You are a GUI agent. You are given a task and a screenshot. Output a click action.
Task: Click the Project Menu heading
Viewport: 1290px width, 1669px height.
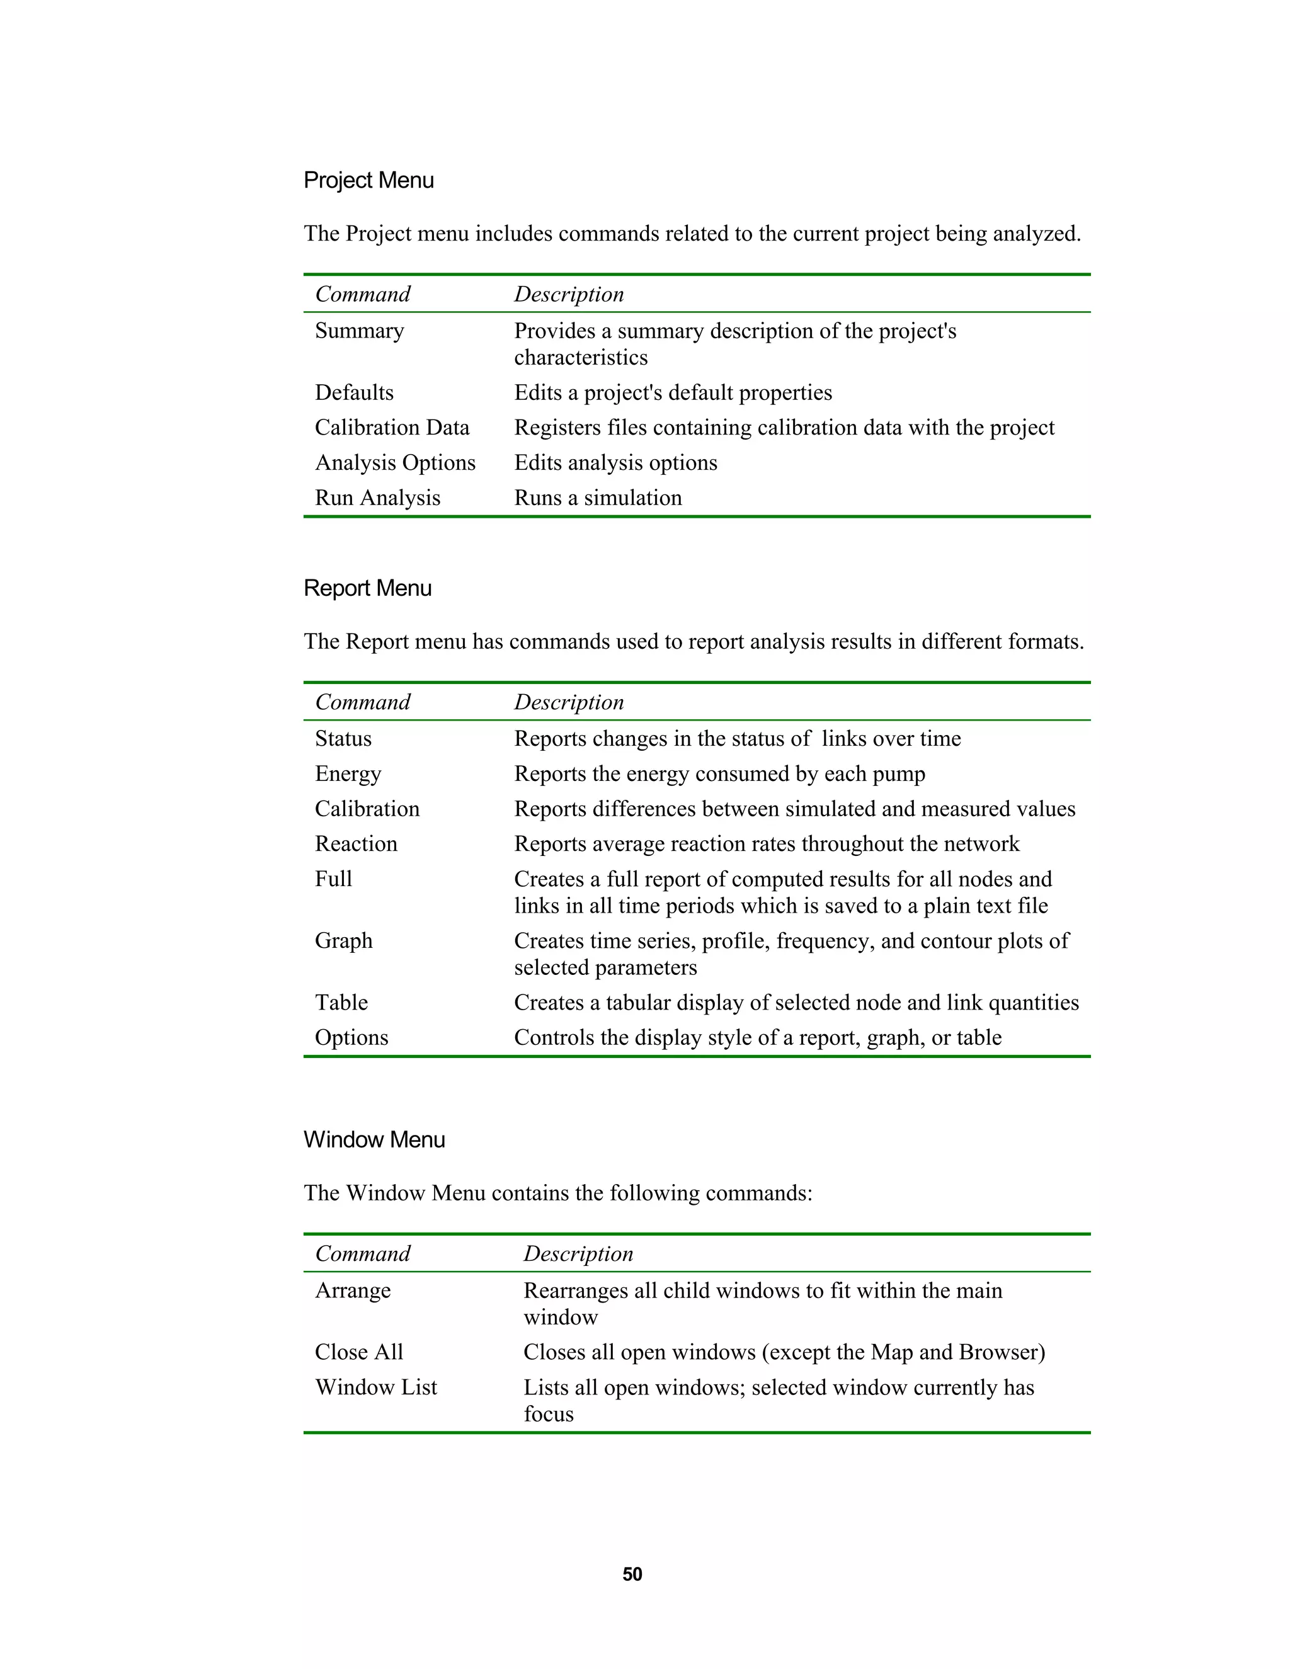pos(368,180)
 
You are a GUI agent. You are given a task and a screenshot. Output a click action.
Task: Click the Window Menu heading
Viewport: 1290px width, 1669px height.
pos(374,1139)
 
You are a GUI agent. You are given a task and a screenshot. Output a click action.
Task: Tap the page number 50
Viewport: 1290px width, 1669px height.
pos(632,1575)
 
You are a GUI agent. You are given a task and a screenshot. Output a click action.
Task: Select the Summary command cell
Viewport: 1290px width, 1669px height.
pos(359,331)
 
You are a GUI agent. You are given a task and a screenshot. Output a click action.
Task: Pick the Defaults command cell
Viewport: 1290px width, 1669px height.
pos(354,393)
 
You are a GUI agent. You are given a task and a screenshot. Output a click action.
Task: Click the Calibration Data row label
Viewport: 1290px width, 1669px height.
pos(392,428)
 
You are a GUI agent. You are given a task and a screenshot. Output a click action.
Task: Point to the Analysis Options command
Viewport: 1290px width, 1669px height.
pos(395,463)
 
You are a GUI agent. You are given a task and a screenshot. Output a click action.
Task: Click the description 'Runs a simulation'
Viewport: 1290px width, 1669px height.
pos(598,498)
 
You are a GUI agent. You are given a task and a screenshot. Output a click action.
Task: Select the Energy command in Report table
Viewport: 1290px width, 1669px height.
pos(348,774)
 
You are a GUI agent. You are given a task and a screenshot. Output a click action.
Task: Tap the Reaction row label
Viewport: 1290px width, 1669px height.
pos(356,844)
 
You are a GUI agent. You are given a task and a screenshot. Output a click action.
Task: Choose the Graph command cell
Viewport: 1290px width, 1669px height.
pos(343,941)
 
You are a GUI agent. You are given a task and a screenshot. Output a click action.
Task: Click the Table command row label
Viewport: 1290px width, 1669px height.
pos(341,1003)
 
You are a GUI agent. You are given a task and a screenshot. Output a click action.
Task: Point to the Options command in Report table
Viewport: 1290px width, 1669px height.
pos(351,1038)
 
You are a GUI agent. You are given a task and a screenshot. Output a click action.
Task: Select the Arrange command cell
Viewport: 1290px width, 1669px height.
pos(352,1290)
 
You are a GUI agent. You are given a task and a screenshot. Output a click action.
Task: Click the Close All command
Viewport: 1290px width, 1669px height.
pos(358,1353)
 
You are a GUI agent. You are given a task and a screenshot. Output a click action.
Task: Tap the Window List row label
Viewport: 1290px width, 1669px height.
pos(376,1387)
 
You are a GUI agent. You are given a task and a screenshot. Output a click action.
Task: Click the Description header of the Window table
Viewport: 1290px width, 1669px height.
pos(578,1254)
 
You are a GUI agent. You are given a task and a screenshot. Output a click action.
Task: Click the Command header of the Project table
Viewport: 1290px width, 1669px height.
pos(362,294)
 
